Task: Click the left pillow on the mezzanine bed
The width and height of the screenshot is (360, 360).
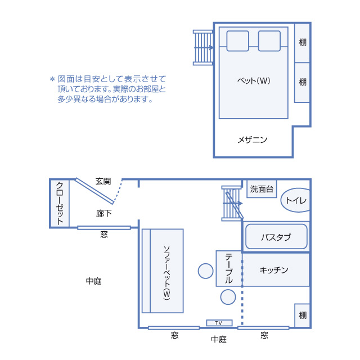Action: click(238, 40)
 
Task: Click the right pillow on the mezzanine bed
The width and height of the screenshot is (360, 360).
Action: click(269, 40)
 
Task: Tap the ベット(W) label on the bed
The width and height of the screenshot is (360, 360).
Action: click(254, 80)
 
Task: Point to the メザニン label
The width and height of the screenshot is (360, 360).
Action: click(253, 139)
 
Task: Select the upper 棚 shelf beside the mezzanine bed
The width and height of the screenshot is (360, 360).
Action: click(303, 43)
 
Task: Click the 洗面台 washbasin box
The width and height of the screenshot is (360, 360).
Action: click(262, 189)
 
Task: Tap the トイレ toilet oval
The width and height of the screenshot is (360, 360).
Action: click(296, 200)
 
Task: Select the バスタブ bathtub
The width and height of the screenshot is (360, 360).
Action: click(276, 237)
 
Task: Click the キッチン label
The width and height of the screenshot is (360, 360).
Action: click(274, 270)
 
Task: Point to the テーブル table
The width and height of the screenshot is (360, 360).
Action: click(229, 268)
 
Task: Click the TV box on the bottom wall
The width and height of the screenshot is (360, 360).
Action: click(219, 323)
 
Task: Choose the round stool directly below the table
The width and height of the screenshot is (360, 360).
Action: click(228, 296)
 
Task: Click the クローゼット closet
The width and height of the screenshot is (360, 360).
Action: click(60, 203)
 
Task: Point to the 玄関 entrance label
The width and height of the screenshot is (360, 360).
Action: click(103, 181)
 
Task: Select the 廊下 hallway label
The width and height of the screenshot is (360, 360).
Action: click(103, 213)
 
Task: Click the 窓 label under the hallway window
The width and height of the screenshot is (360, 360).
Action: click(104, 234)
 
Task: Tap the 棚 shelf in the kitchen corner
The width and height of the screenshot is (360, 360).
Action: click(303, 316)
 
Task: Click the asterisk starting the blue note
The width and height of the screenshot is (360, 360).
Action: click(52, 79)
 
